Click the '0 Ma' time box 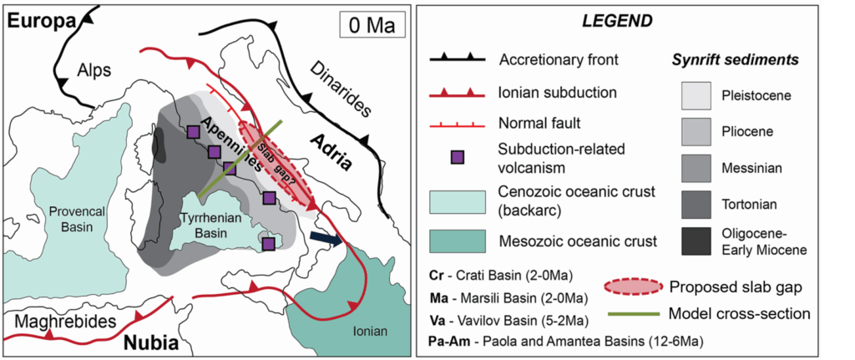372,25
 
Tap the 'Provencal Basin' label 74,217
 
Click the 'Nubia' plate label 152,342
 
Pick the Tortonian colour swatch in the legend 696,205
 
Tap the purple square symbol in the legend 458,157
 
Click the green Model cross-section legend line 635,314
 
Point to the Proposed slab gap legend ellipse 635,286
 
